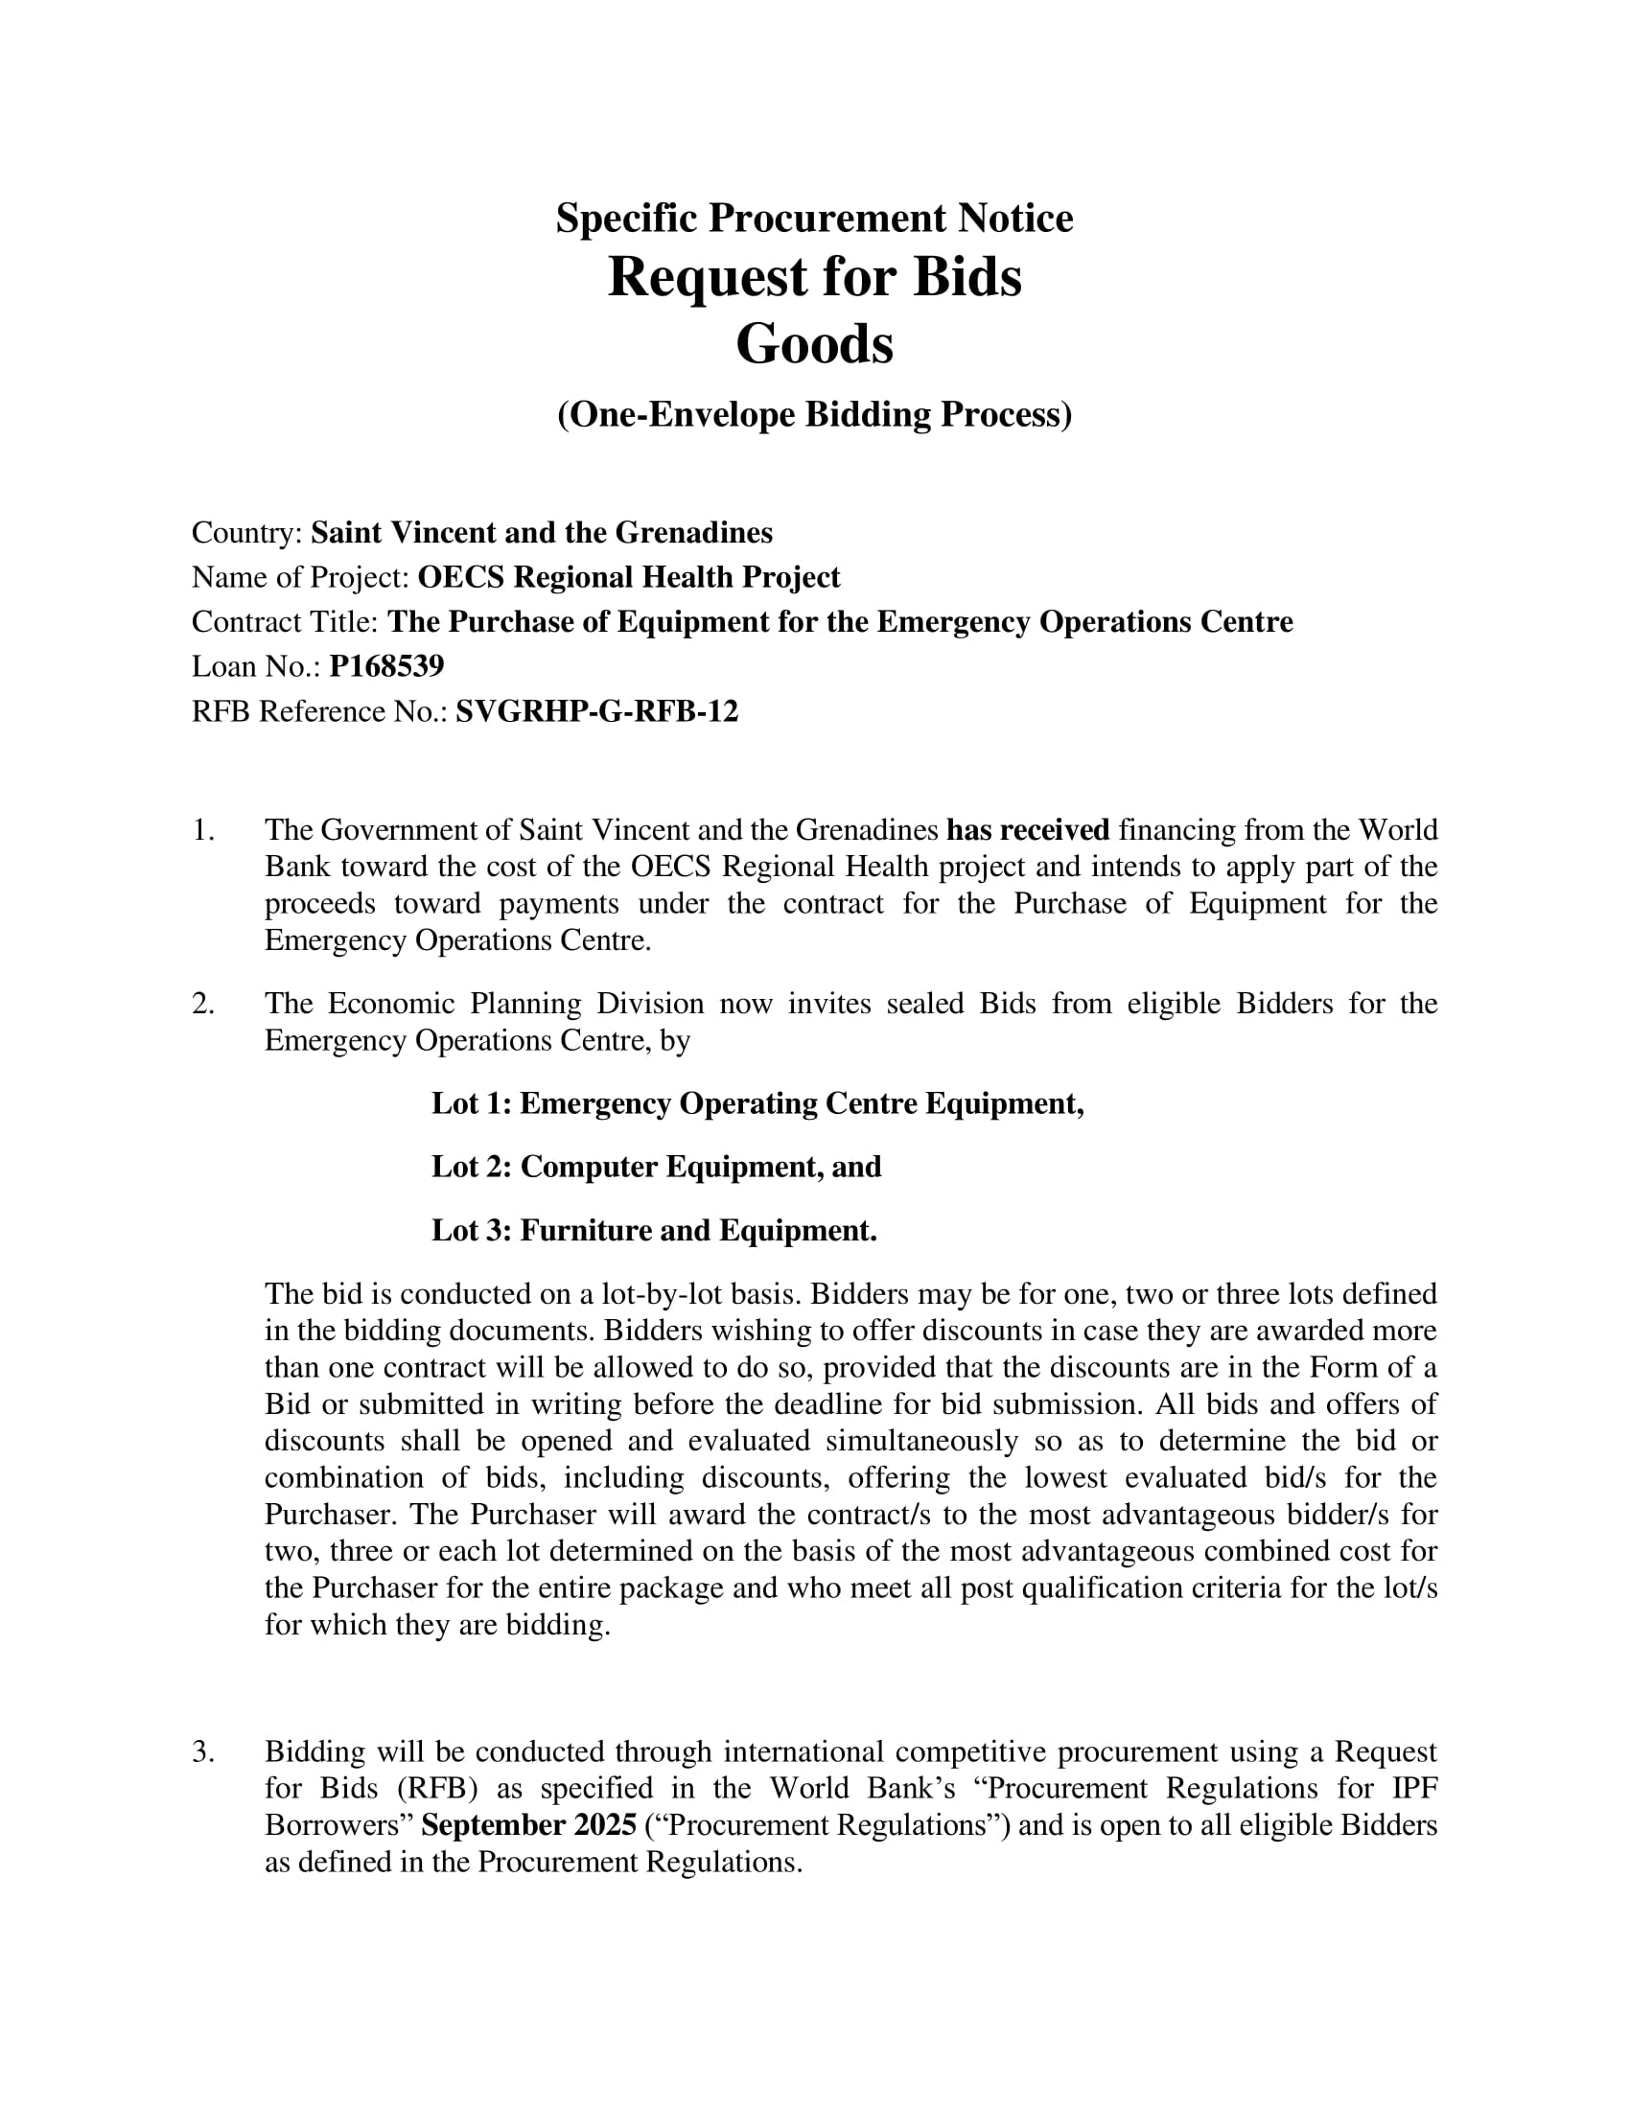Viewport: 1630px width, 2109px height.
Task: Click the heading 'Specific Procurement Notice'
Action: coord(814,219)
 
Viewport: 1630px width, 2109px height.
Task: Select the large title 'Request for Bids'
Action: coord(814,278)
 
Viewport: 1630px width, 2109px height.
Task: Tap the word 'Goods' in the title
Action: coord(814,345)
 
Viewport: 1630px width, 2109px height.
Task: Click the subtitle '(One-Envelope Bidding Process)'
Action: coord(814,414)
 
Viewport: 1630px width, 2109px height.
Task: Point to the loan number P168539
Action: coord(386,666)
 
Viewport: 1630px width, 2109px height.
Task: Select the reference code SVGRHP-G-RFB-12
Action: coord(596,711)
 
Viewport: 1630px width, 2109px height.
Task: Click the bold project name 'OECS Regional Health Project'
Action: coord(629,577)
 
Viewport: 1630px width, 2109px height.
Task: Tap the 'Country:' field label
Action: coord(248,533)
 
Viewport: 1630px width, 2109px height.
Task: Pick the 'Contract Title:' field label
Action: coord(286,622)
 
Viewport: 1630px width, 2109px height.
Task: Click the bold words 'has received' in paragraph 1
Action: coord(1028,830)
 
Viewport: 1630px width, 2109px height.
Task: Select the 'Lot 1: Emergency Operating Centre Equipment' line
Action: coord(757,1103)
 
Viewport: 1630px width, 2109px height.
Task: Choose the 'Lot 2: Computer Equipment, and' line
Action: coord(656,1168)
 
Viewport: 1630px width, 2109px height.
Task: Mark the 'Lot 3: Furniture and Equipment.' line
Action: coord(654,1231)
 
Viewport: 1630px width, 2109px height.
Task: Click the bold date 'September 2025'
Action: coord(529,1826)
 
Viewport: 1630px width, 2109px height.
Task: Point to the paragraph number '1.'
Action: coord(202,830)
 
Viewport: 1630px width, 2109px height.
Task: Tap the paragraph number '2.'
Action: coord(202,1005)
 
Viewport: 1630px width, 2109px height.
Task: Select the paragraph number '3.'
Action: coord(202,1752)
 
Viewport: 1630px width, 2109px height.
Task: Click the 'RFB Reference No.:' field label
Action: coord(319,711)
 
